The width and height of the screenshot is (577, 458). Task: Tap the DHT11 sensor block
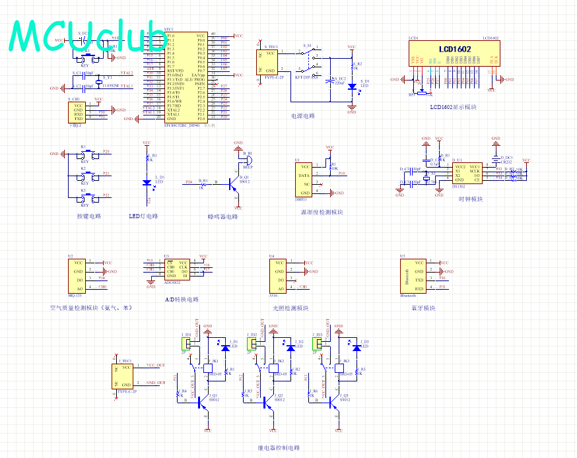pyautogui.click(x=304, y=180)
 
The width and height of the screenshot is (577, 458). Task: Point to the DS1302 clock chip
pyautogui.click(x=467, y=172)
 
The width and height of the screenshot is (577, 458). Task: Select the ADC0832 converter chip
pyautogui.click(x=176, y=269)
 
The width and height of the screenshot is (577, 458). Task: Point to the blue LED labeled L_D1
pyautogui.click(x=146, y=183)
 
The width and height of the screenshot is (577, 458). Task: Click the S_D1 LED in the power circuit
pyautogui.click(x=352, y=86)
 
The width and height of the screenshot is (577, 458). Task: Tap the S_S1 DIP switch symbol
pyautogui.click(x=308, y=63)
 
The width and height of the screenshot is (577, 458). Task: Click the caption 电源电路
pyautogui.click(x=303, y=115)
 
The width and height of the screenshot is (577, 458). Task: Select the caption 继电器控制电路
pyautogui.click(x=277, y=447)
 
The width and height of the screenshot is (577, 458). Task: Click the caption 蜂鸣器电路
pyautogui.click(x=222, y=216)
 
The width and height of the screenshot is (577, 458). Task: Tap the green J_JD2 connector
pyautogui.click(x=252, y=343)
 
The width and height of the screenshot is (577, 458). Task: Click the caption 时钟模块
pyautogui.click(x=471, y=199)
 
